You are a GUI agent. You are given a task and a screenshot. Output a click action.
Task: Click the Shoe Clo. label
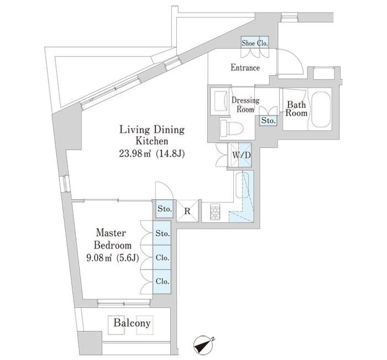point(255,43)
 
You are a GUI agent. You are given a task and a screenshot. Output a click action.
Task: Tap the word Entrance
point(245,67)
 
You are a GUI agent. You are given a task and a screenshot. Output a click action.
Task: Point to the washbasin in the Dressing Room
point(221,101)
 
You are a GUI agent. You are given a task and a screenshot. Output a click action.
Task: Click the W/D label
point(241,156)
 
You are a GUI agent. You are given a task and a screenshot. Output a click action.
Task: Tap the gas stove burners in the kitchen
point(215,212)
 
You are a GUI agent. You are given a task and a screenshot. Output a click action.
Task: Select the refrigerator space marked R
point(188,211)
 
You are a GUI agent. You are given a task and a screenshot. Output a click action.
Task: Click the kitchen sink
point(242,185)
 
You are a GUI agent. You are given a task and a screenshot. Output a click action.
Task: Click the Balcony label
point(132,323)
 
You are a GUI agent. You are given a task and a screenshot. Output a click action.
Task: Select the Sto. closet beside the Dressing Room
point(268,121)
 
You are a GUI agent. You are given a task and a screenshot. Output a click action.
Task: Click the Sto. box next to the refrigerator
point(164,209)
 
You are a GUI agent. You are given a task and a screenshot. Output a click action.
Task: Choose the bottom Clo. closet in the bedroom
point(162,281)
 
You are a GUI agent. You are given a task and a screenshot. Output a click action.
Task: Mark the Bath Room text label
point(296,109)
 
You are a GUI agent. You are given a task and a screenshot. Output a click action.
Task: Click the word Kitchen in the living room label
point(152,141)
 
